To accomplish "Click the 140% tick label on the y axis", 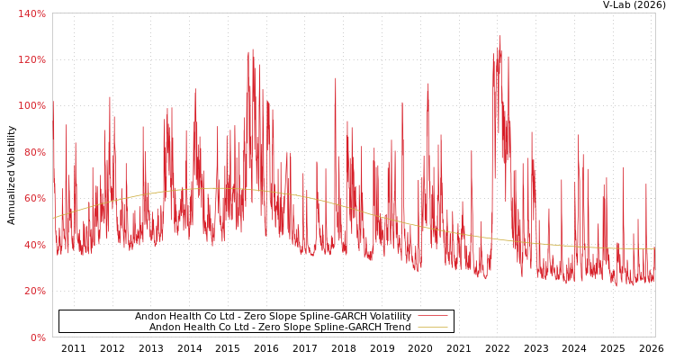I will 31,13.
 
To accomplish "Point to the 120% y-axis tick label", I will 31,59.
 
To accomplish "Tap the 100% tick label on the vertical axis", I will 31,106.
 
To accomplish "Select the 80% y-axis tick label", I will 34,152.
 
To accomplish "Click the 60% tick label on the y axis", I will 34,199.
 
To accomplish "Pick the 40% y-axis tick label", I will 34,245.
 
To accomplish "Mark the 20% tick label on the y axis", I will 34,291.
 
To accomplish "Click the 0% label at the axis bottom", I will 37,337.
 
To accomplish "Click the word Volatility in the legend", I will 389,317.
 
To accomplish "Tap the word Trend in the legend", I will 396,328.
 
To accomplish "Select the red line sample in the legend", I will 432,317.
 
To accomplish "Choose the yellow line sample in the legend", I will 432,328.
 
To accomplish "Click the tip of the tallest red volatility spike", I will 500,36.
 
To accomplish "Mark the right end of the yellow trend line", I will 654,249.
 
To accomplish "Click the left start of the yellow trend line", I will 53,218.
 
